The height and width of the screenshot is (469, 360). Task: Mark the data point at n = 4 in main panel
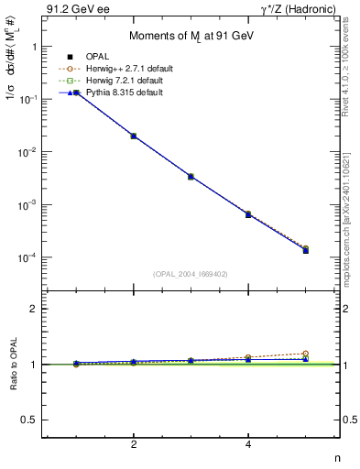click(x=248, y=214)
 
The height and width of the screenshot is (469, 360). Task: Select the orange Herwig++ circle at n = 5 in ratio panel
click(x=305, y=354)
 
